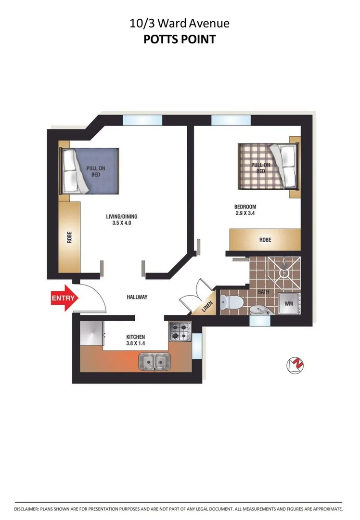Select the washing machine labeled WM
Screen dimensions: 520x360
[x=289, y=303]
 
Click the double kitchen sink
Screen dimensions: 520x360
[x=154, y=361]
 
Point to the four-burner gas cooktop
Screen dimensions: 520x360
[x=180, y=331]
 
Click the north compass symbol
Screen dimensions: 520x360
[x=296, y=365]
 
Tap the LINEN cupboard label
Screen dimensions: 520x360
[x=206, y=305]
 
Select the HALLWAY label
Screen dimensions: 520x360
[x=137, y=297]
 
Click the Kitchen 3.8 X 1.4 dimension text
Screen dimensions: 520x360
[x=135, y=340]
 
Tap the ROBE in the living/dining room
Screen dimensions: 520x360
[x=69, y=237]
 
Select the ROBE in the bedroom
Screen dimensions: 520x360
[x=265, y=239]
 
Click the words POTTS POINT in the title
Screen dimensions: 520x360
[x=180, y=39]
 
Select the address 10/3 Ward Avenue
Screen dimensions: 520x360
[x=180, y=23]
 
